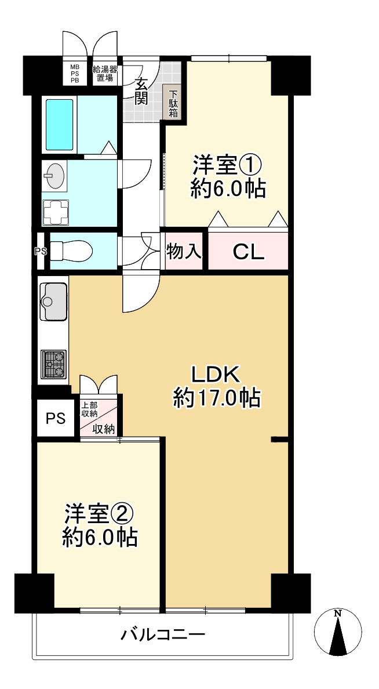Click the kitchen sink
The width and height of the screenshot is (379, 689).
click(x=53, y=302)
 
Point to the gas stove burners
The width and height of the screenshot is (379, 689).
click(x=53, y=364)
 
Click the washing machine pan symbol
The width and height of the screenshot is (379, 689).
click(x=56, y=212)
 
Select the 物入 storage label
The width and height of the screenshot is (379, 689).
click(x=184, y=251)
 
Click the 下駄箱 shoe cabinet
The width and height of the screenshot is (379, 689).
click(x=173, y=103)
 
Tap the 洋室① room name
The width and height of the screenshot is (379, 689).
click(x=227, y=166)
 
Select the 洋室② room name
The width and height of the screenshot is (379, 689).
click(x=99, y=514)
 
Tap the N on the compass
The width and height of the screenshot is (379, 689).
click(x=338, y=613)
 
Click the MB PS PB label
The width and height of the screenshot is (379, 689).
click(x=75, y=75)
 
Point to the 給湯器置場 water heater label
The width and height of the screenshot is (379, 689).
click(x=104, y=74)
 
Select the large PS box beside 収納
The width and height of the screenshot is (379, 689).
click(x=56, y=418)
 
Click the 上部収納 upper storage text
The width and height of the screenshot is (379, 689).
click(x=89, y=409)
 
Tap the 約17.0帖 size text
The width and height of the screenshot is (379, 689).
click(x=217, y=399)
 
